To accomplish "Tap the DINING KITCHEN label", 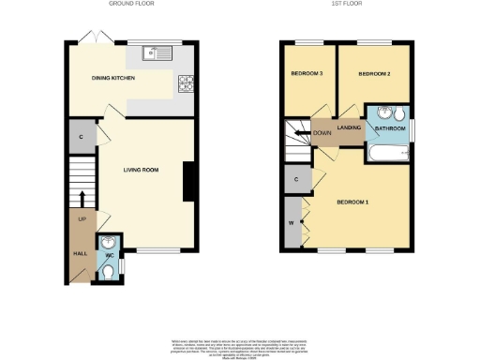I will tap(113, 79).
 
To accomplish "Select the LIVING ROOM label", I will tap(143, 170).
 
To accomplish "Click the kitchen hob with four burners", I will tap(186, 82).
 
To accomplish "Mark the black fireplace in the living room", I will tap(189, 182).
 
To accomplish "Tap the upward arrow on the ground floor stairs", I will tap(82, 198).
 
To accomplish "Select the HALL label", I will tap(80, 253).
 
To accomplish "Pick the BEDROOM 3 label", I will tap(307, 73).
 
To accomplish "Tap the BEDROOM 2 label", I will tap(375, 73).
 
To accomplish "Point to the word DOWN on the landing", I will tap(322, 132).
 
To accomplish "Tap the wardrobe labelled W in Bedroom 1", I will tap(292, 223).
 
